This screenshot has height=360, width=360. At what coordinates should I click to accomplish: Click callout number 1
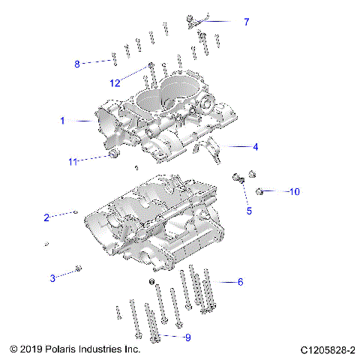pos(63,120)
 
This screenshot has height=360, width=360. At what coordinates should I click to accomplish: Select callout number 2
pos(46,217)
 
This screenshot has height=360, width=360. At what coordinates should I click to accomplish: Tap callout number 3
pos(53,278)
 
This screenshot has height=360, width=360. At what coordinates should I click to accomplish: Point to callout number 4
pos(256,146)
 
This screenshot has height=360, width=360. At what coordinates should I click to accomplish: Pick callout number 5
pos(250,211)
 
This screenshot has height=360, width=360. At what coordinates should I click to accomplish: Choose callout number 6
pos(240,282)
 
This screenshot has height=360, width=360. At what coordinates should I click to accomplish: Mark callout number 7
pos(246,22)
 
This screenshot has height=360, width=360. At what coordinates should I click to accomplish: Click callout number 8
pos(76,64)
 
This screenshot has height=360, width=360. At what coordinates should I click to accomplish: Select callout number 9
pos(187,337)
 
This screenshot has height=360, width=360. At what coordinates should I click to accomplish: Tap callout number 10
pos(295,192)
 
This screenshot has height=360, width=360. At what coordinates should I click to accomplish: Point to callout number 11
pos(73,161)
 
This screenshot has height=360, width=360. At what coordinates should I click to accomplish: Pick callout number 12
pos(115,82)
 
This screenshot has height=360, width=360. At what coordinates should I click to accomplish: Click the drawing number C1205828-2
pos(327,350)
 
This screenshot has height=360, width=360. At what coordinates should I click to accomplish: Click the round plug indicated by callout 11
pos(114,154)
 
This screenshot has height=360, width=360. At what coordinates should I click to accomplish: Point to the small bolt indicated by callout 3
pos(79,268)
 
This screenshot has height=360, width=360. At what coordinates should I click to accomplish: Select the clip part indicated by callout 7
pos(193,20)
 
